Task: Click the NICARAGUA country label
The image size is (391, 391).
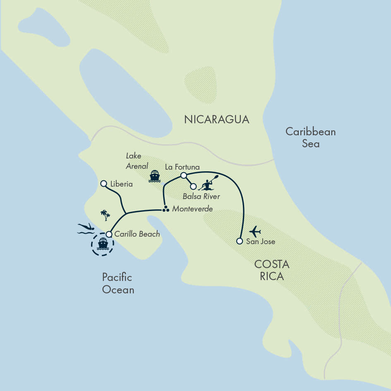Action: (217, 120)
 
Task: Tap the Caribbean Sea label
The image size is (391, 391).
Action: (310, 138)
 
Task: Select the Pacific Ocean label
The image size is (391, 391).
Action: (118, 283)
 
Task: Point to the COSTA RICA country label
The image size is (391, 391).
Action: (272, 270)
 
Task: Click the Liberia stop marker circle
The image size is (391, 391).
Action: (103, 183)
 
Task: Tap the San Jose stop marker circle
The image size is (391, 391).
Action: (239, 241)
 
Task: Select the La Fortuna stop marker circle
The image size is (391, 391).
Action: (184, 176)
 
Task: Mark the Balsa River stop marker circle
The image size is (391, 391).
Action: (193, 186)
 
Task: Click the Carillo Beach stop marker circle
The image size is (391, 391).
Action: (109, 234)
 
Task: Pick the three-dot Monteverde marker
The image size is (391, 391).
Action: (166, 209)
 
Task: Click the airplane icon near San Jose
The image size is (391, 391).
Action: (255, 231)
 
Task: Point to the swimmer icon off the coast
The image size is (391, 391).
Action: (86, 228)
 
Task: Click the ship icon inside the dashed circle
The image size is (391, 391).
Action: (103, 245)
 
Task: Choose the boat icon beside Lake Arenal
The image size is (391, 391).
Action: (154, 176)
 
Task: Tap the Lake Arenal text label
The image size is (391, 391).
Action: (137, 161)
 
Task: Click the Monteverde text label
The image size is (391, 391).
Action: (192, 209)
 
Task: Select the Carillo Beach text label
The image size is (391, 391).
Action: (137, 234)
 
